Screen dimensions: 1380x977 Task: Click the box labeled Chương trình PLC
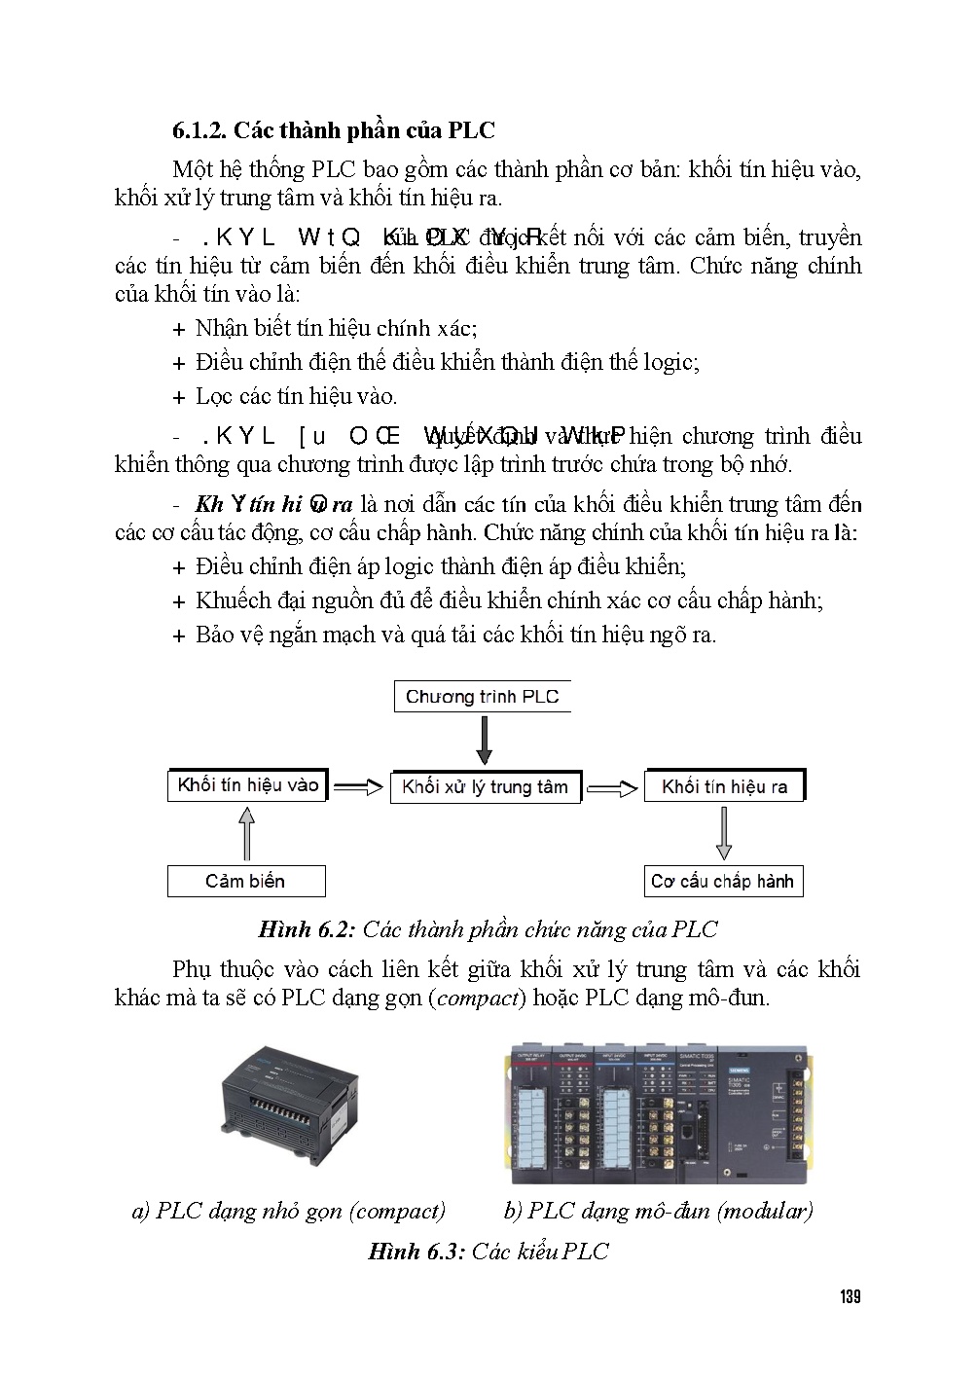coord(483,697)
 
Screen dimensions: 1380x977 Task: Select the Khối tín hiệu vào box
coord(247,785)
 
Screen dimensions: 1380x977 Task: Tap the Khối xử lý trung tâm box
coord(485,787)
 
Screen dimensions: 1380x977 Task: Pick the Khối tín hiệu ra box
coord(724,786)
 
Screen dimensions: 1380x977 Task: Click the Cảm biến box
coord(245,882)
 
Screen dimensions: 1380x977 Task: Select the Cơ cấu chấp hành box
coord(722,882)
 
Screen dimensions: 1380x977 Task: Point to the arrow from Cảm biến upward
coord(246,835)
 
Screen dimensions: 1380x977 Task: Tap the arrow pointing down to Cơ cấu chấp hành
coord(723,834)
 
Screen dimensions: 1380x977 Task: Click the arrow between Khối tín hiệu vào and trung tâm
coord(358,787)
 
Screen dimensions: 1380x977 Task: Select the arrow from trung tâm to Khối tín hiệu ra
coord(612,788)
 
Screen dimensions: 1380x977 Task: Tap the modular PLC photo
coord(660,1113)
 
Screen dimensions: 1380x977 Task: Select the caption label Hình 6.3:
coord(416,1252)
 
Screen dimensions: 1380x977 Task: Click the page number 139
coord(850,1297)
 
